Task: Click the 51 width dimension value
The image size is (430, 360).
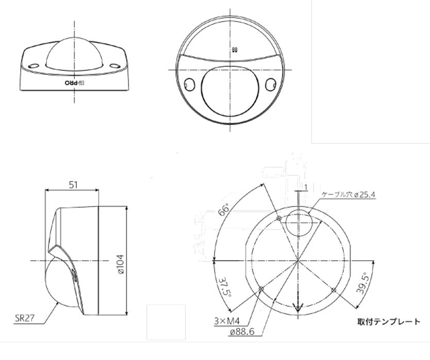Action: point(72,185)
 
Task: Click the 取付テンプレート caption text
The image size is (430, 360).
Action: point(389,322)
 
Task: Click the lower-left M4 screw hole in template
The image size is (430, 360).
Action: point(261,289)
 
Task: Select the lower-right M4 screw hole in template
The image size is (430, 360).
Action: point(334,290)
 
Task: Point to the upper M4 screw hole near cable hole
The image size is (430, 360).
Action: point(278,219)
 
